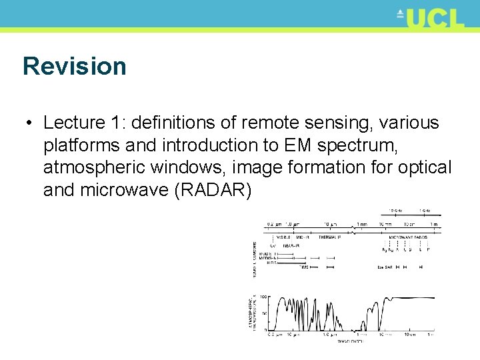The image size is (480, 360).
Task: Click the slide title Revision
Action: point(74,67)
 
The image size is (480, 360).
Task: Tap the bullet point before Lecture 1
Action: point(27,124)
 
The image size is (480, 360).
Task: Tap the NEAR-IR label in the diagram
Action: point(291,245)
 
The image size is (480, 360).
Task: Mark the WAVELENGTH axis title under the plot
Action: point(350,341)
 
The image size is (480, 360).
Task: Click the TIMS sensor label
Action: point(305,267)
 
